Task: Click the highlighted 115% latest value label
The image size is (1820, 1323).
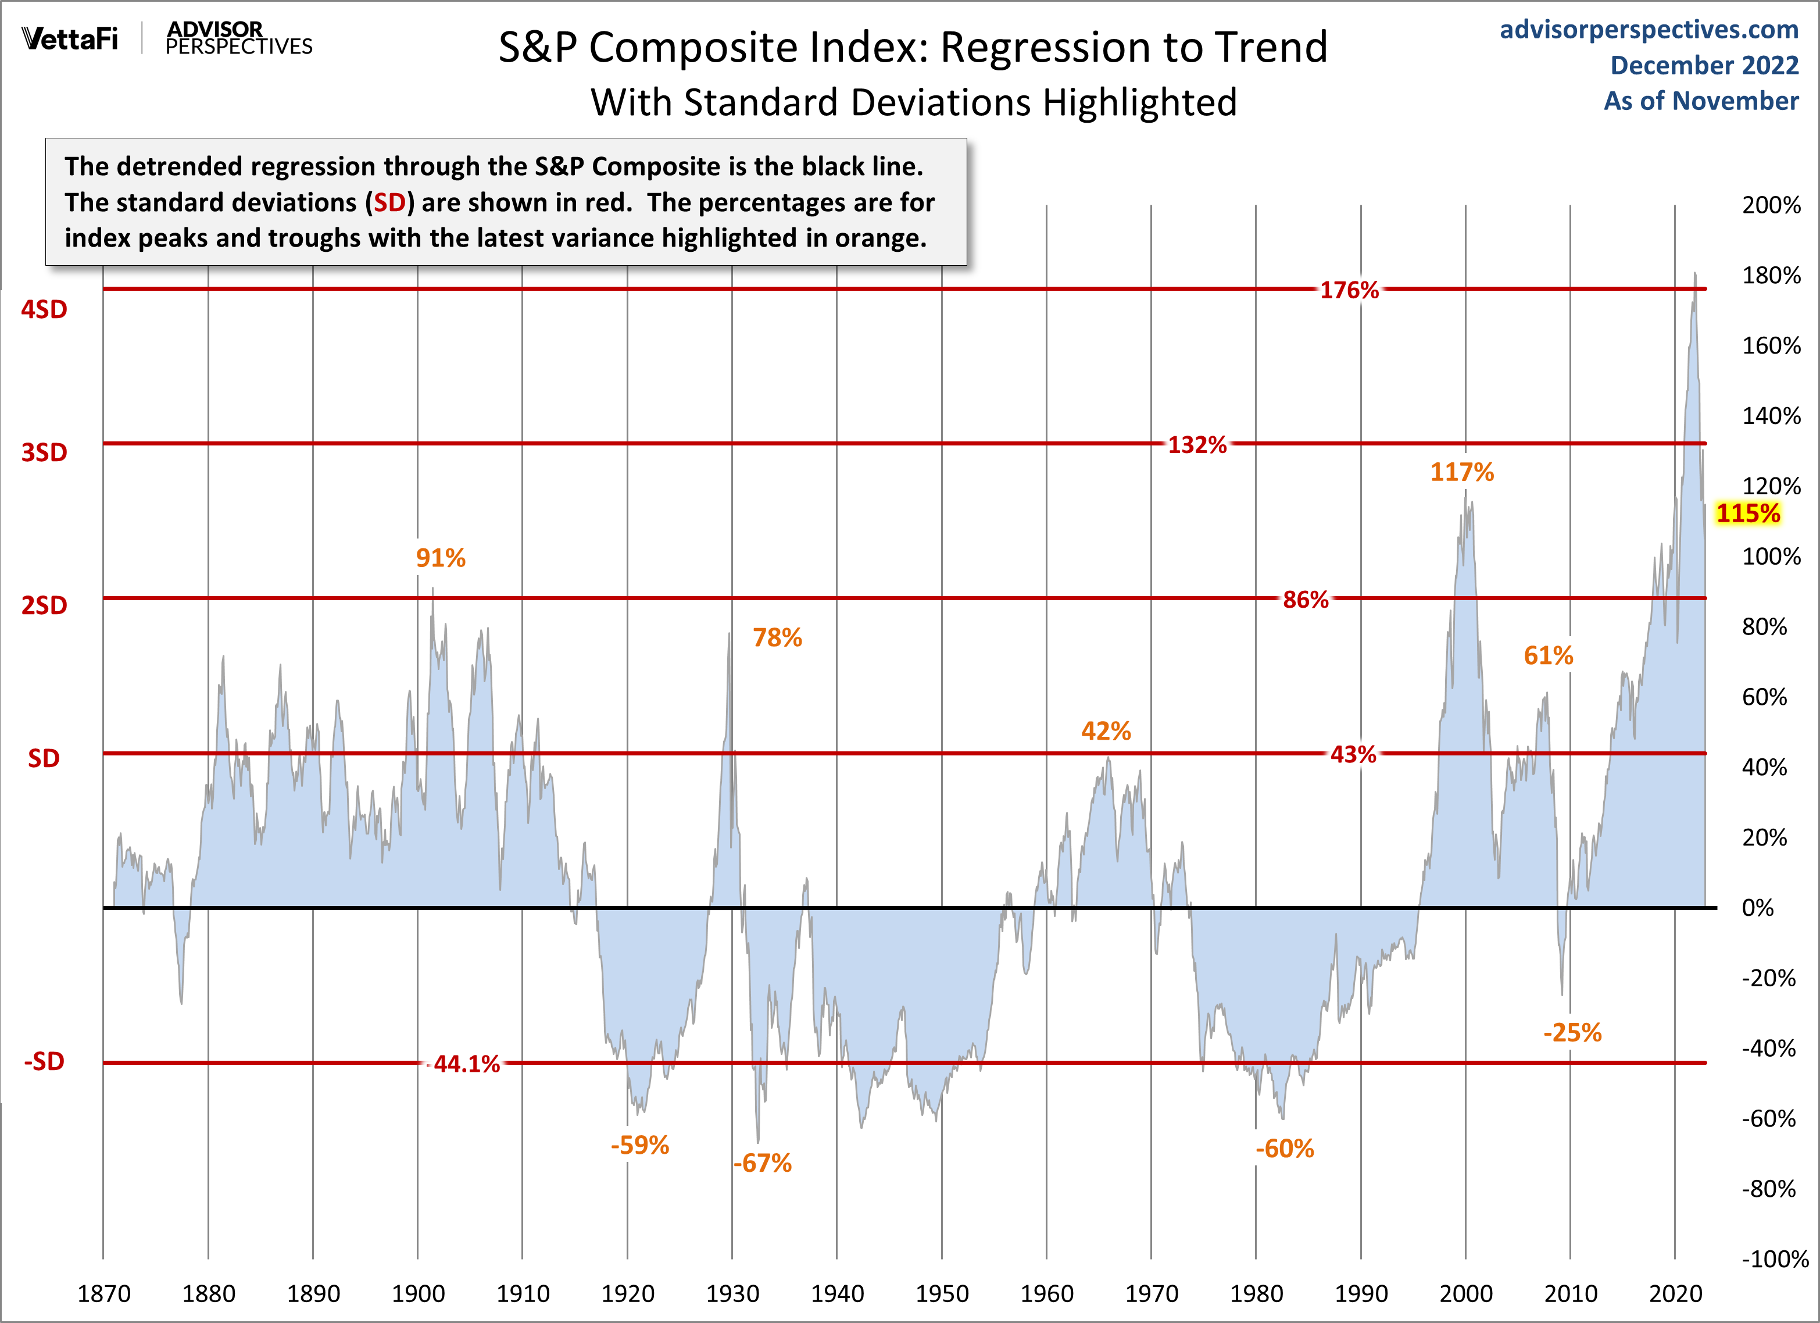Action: pyautogui.click(x=1748, y=513)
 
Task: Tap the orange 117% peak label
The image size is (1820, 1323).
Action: pyautogui.click(x=1461, y=472)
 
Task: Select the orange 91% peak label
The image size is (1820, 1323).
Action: pyautogui.click(x=441, y=557)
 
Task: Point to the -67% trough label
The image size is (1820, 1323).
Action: pyautogui.click(x=762, y=1162)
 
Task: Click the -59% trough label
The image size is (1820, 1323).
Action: pyautogui.click(x=639, y=1145)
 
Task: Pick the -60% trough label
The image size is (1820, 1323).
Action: pyautogui.click(x=1284, y=1148)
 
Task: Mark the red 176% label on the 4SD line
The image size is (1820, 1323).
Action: pyautogui.click(x=1349, y=290)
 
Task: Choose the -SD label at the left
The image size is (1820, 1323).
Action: pyautogui.click(x=44, y=1061)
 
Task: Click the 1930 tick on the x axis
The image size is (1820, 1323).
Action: pyautogui.click(x=732, y=1293)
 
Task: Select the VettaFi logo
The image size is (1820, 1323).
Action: pyautogui.click(x=70, y=38)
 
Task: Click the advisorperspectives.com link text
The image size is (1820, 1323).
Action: pyautogui.click(x=1649, y=29)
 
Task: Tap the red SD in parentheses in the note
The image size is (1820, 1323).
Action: pyautogui.click(x=390, y=202)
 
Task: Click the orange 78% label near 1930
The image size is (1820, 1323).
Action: pyautogui.click(x=777, y=637)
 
